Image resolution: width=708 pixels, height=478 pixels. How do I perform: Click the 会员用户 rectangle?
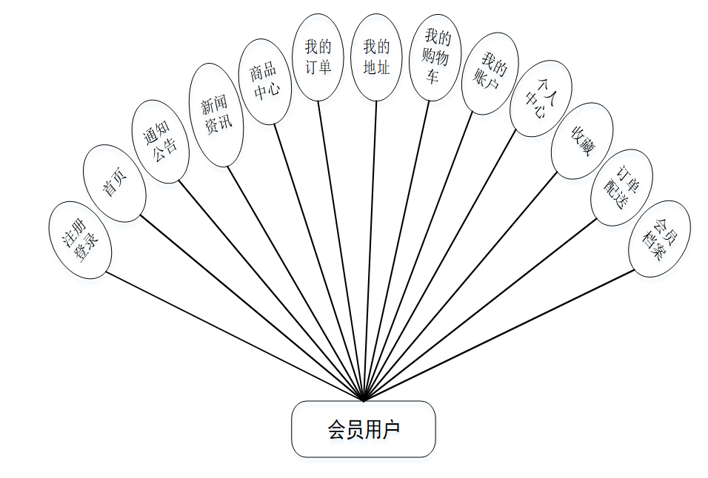point(363,429)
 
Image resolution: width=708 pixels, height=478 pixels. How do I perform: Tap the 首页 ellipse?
point(114,184)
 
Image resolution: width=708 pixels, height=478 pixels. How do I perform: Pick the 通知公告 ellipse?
point(160,141)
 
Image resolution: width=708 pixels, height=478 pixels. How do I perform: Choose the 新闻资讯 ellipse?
point(217,115)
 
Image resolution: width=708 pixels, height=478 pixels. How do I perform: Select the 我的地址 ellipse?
point(376,58)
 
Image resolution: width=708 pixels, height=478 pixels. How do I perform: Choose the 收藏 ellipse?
point(582,141)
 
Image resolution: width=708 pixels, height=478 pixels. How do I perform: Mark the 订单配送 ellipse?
point(621,188)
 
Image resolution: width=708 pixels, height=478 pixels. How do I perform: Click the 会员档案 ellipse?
point(659,239)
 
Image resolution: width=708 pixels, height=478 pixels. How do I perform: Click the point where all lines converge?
point(364,400)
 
